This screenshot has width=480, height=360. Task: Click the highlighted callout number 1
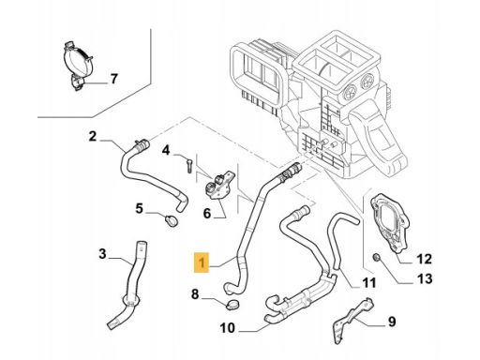click(x=202, y=262)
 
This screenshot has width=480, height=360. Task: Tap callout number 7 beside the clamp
click(x=114, y=79)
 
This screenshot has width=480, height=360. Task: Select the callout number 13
click(x=425, y=278)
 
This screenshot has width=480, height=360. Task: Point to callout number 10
click(x=227, y=328)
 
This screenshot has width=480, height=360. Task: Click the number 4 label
click(x=166, y=150)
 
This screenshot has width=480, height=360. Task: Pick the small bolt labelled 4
click(x=188, y=165)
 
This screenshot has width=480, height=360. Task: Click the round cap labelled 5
click(x=172, y=220)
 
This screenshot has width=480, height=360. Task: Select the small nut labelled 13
click(x=377, y=258)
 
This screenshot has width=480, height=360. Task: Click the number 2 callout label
click(x=93, y=136)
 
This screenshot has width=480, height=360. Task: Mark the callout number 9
click(x=392, y=322)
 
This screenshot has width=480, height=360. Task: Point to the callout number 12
click(x=424, y=259)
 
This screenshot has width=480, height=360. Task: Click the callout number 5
click(x=139, y=208)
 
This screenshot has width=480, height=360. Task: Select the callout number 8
click(x=195, y=294)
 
